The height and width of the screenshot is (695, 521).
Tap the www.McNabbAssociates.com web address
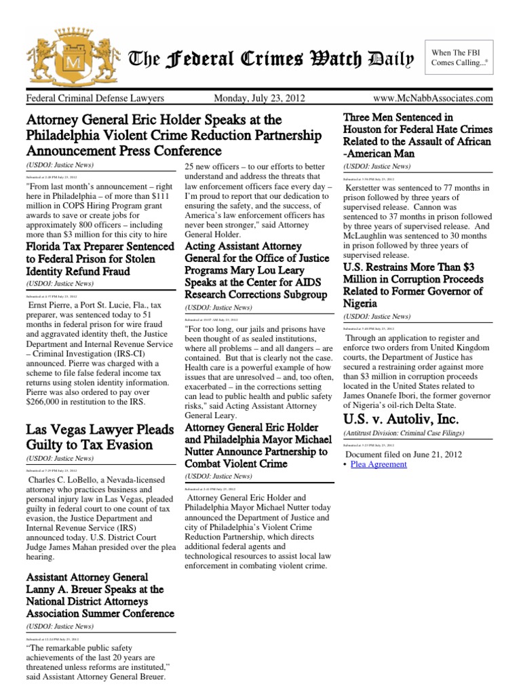pos(436,99)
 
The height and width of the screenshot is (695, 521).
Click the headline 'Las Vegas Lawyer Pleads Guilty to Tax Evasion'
pos(98,437)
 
